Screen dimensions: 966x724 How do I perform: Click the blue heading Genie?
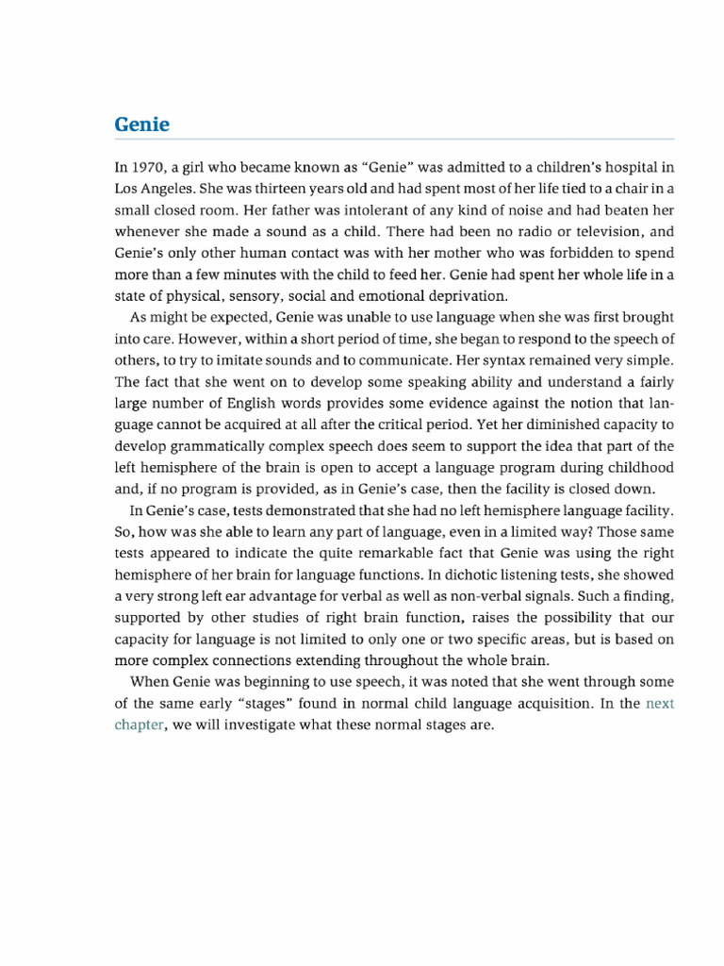pos(141,125)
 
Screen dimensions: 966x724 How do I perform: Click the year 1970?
pos(146,167)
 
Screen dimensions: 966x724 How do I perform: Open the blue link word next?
pos(660,704)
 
